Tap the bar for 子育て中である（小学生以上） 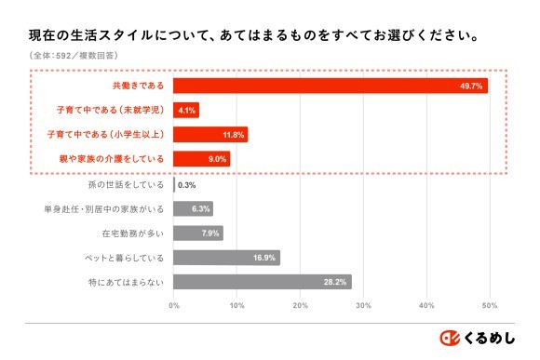click(210, 135)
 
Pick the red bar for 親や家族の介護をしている click(201, 159)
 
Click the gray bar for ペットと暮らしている click(226, 258)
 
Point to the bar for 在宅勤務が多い click(198, 233)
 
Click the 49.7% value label click(470, 86)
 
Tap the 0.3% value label click(185, 184)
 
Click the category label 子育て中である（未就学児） click(110, 110)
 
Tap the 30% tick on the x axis click(364, 305)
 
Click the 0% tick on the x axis click(174, 305)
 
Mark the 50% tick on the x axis click(490, 305)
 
